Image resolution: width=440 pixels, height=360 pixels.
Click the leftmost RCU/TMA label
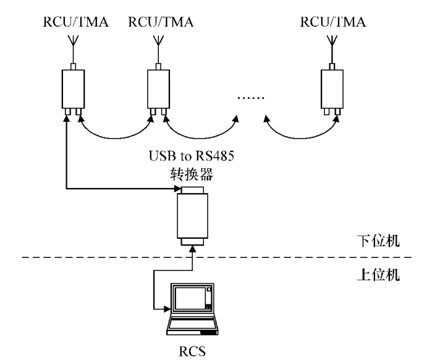73,23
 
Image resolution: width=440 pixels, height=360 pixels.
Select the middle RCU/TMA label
159,23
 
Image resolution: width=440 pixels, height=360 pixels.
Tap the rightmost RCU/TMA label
332,23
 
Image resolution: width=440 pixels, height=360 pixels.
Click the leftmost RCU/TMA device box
74,89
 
